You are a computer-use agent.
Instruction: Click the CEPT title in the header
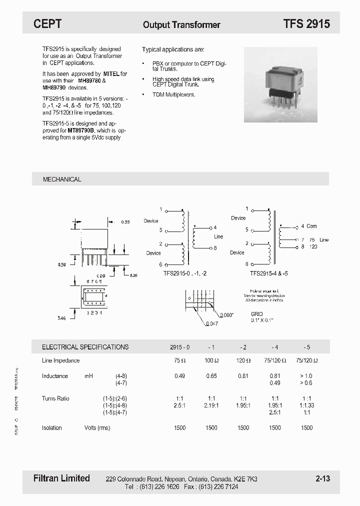click(47, 23)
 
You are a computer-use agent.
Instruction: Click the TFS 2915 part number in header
click(306, 23)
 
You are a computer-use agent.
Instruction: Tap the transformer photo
click(281, 84)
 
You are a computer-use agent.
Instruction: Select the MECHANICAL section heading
click(62, 179)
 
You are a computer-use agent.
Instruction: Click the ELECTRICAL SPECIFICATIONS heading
click(85, 346)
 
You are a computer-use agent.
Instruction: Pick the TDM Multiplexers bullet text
click(173, 94)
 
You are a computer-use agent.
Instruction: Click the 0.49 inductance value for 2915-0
click(179, 376)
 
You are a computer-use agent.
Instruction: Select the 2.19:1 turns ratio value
click(211, 405)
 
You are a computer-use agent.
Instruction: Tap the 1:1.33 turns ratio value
click(307, 405)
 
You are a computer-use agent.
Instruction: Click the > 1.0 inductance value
click(307, 376)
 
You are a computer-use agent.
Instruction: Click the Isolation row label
click(52, 428)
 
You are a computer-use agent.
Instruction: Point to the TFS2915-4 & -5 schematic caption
click(269, 274)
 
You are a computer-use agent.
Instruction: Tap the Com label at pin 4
click(311, 226)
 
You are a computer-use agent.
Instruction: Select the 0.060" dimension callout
click(226, 315)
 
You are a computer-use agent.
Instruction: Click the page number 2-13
click(322, 478)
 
